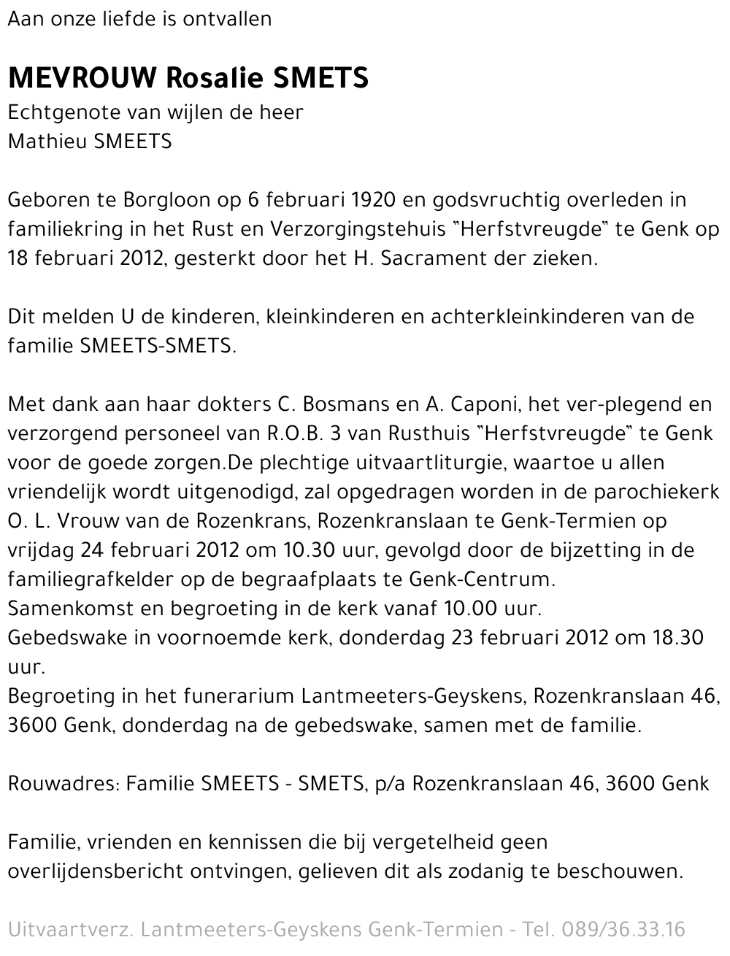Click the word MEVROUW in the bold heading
pos(83,78)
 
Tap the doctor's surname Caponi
pos(482,404)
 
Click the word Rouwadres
pos(61,784)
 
